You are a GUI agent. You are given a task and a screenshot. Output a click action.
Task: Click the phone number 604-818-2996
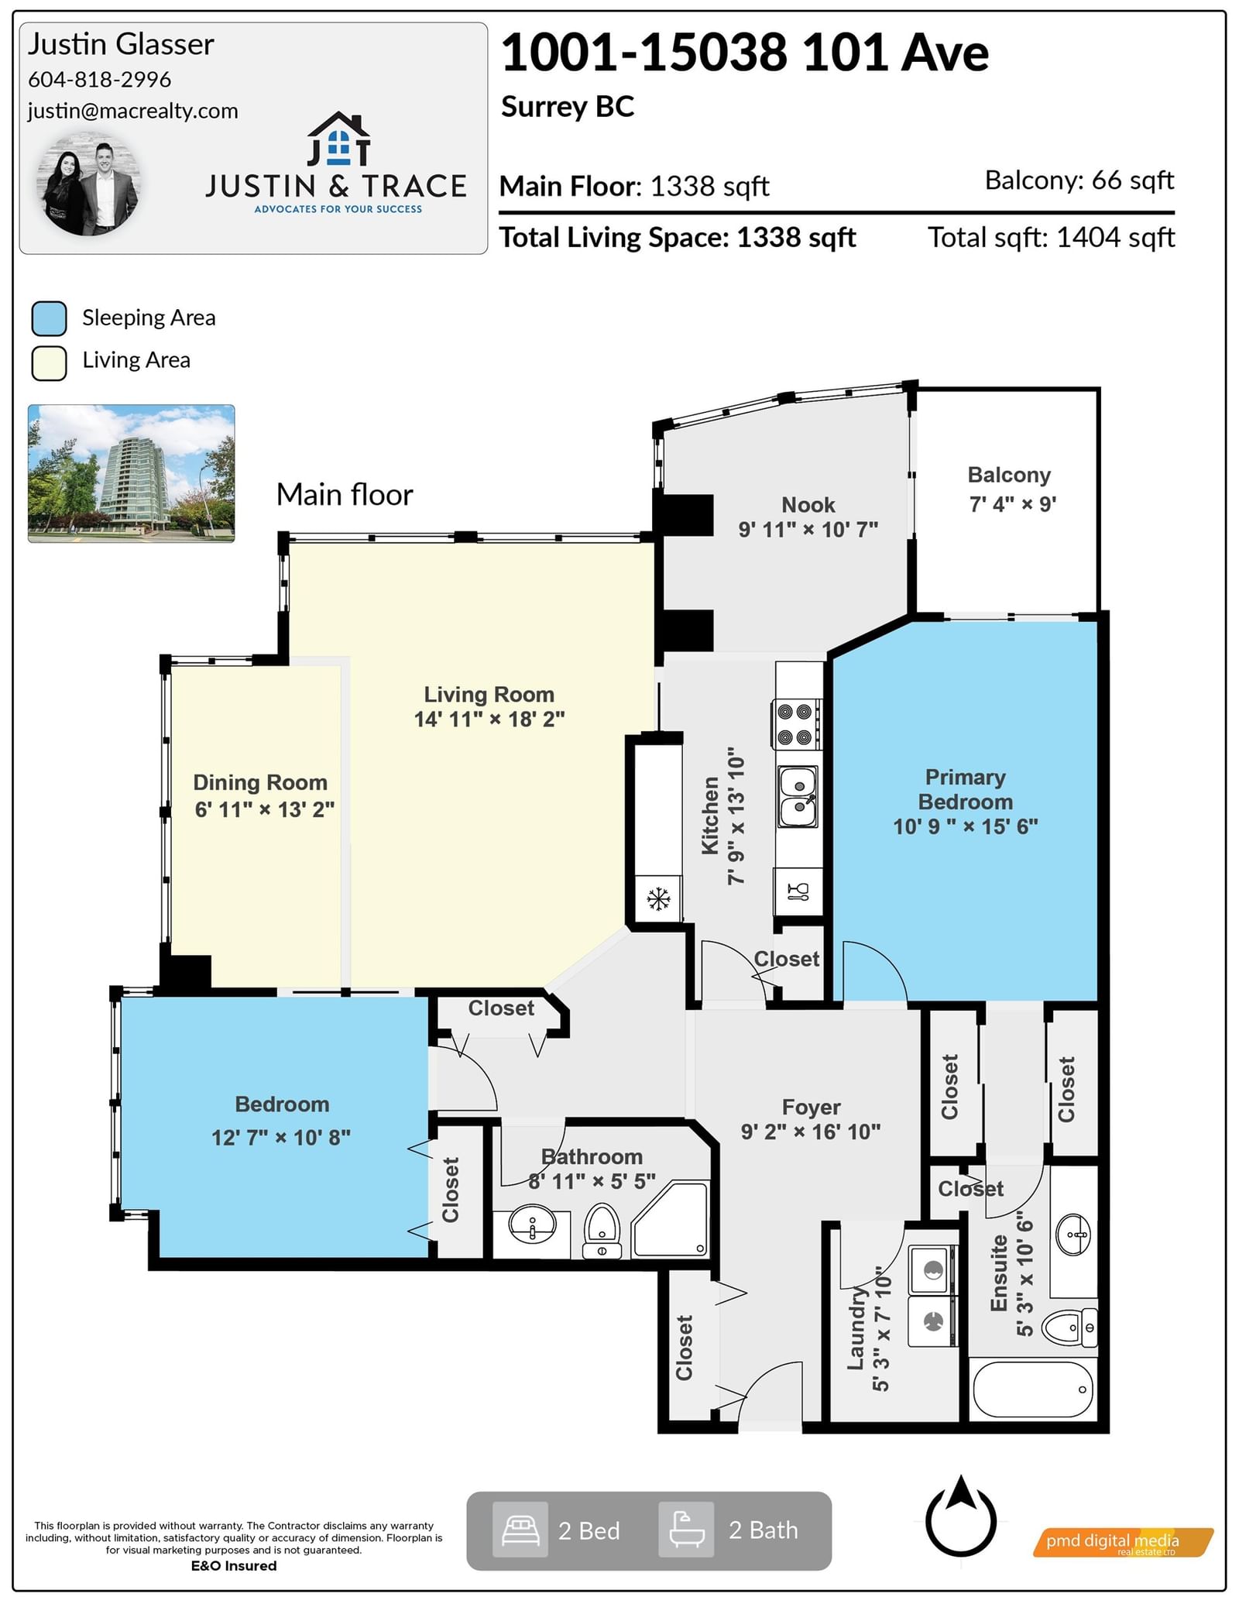pyautogui.click(x=99, y=79)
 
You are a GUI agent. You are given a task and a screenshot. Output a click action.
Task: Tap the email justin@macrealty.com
pyautogui.click(x=132, y=111)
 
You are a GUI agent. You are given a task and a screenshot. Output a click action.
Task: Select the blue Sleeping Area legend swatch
pyautogui.click(x=49, y=318)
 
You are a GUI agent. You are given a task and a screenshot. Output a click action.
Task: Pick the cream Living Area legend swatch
pyautogui.click(x=49, y=362)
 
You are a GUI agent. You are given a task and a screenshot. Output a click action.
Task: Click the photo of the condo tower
pyautogui.click(x=131, y=472)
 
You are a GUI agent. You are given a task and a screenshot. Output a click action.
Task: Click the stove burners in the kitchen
pyautogui.click(x=795, y=724)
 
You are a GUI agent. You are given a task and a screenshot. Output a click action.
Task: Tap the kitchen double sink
pyautogui.click(x=798, y=798)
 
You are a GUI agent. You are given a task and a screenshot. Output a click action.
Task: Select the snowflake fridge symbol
pyautogui.click(x=658, y=899)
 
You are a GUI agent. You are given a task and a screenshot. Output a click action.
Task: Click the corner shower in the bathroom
pyautogui.click(x=671, y=1219)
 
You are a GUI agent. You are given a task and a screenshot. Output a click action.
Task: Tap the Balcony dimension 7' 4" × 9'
pyautogui.click(x=1013, y=504)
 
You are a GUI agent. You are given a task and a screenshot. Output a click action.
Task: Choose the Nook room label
pyautogui.click(x=808, y=505)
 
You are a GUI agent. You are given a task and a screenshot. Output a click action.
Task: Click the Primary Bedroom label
pyautogui.click(x=966, y=789)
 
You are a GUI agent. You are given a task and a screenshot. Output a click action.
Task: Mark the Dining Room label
pyautogui.click(x=260, y=782)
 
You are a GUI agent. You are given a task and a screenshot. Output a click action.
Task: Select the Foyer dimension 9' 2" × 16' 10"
pyautogui.click(x=811, y=1132)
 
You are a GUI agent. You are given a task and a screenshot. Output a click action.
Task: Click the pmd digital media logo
pyautogui.click(x=1123, y=1542)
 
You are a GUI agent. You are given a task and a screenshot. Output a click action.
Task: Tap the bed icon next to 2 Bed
pyautogui.click(x=520, y=1530)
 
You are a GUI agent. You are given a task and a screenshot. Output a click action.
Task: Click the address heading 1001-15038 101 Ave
pyautogui.click(x=745, y=53)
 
